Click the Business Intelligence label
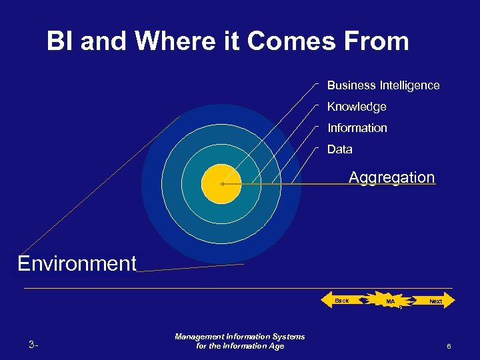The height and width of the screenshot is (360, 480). tap(383, 85)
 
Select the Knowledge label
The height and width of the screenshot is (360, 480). tap(357, 107)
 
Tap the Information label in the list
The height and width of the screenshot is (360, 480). tap(357, 128)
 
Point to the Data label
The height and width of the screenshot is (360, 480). tap(339, 149)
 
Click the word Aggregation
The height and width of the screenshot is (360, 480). tap(391, 177)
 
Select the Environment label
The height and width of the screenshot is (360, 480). tap(77, 263)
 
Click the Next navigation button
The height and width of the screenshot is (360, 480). tap(434, 301)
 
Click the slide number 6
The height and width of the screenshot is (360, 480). tap(449, 346)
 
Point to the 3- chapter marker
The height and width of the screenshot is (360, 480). tap(33, 345)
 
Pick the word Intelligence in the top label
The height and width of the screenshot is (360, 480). tap(409, 85)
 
